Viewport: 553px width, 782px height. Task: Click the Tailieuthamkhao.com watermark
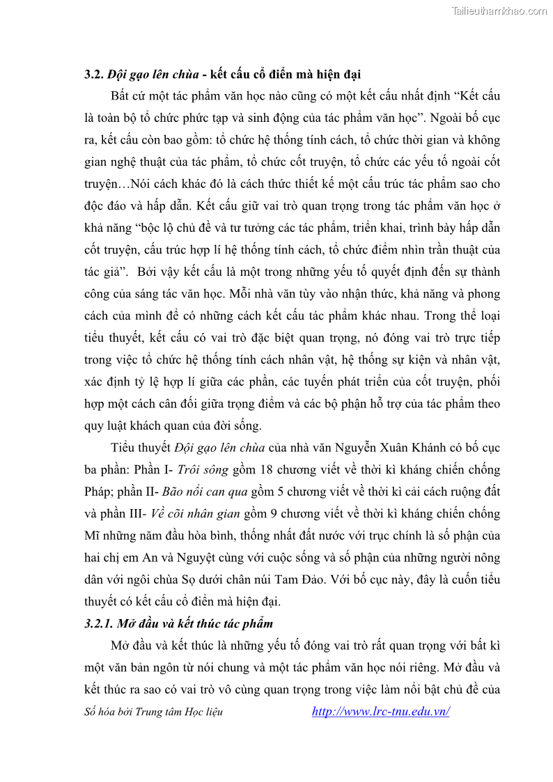(x=499, y=10)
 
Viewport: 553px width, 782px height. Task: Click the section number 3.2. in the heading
(x=93, y=74)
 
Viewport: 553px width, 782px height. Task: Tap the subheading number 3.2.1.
(x=97, y=623)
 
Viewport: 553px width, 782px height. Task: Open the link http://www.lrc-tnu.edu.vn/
(x=380, y=711)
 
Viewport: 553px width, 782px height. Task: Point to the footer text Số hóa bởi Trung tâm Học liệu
(x=154, y=712)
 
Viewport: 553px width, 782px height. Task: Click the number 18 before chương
(x=267, y=470)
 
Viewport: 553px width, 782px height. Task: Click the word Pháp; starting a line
(x=98, y=492)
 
